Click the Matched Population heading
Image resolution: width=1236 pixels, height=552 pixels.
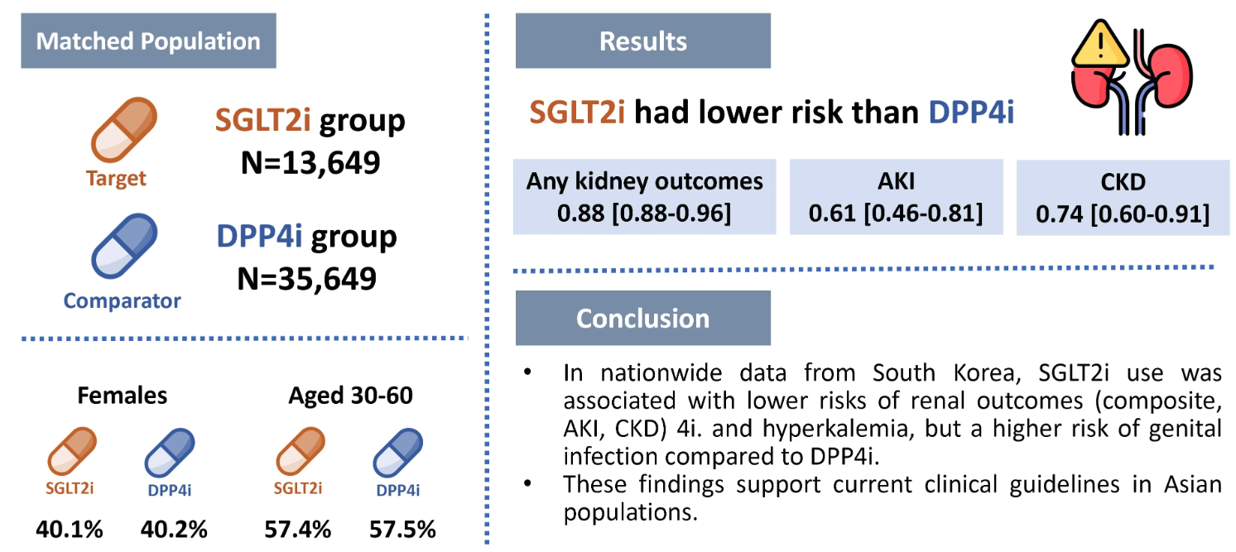click(x=148, y=41)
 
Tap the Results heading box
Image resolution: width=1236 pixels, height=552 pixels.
click(x=642, y=41)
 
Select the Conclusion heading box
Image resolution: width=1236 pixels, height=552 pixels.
click(x=642, y=319)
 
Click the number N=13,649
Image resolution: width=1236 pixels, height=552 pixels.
click(x=310, y=162)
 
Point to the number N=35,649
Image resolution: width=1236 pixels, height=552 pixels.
click(x=307, y=278)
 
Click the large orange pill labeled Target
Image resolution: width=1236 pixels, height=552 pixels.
click(x=123, y=129)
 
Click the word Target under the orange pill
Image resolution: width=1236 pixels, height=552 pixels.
click(x=116, y=178)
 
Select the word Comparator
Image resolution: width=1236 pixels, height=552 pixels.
click(x=122, y=300)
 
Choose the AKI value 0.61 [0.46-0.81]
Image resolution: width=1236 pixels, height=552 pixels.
click(x=896, y=214)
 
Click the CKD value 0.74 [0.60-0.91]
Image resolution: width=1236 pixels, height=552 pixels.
click(x=1123, y=215)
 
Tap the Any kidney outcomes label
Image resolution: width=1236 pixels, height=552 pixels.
click(x=645, y=182)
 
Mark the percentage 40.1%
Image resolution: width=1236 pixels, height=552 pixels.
click(x=70, y=529)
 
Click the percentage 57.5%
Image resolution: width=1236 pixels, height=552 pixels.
click(x=402, y=529)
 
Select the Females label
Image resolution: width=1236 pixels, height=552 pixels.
click(x=122, y=396)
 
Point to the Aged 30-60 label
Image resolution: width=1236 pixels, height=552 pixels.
click(x=350, y=396)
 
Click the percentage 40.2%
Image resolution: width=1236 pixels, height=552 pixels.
click(x=174, y=529)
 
